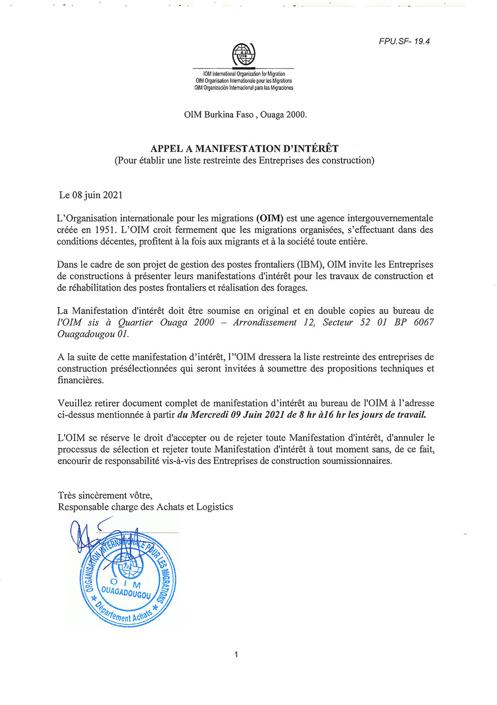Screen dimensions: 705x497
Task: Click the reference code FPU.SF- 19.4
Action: pos(404,41)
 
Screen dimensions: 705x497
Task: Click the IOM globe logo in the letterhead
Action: pos(244,54)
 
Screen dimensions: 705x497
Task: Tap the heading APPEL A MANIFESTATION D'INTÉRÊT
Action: pos(245,149)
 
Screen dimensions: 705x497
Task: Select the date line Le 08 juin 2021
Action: pos(90,195)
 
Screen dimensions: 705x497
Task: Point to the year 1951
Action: pos(106,230)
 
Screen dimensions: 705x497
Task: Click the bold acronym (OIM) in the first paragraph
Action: pos(269,218)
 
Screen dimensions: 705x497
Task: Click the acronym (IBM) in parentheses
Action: pos(309,264)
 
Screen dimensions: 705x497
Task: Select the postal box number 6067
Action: pos(423,322)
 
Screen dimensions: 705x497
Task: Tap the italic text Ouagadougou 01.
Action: pos(93,334)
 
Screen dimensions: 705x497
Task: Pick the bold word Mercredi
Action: pos(209,415)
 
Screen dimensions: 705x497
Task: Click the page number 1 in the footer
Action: pos(236,654)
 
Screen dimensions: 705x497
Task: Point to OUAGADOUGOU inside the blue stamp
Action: pos(126,592)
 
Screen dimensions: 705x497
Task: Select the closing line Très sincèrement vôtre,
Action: pos(105,495)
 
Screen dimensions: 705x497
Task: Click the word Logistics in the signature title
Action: pos(215,507)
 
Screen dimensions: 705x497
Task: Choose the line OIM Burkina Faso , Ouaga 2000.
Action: pos(246,114)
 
